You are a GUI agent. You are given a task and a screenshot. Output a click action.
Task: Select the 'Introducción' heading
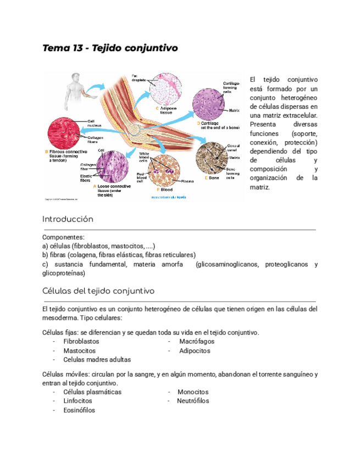(x=68, y=219)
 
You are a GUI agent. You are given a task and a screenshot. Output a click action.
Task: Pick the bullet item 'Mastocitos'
(x=80, y=350)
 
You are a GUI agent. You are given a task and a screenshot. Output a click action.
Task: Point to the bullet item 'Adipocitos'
(x=195, y=350)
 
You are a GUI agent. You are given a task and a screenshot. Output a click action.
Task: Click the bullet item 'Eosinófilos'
(x=79, y=410)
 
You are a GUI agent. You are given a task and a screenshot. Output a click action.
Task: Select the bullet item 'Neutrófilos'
(x=193, y=401)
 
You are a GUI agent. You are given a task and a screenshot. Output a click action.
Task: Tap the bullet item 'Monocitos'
(x=193, y=392)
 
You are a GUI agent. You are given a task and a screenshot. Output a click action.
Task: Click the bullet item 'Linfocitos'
(x=78, y=401)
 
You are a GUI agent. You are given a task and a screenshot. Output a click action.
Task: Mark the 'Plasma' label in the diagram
(x=187, y=181)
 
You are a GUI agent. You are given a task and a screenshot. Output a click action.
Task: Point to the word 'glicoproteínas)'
(x=63, y=273)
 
